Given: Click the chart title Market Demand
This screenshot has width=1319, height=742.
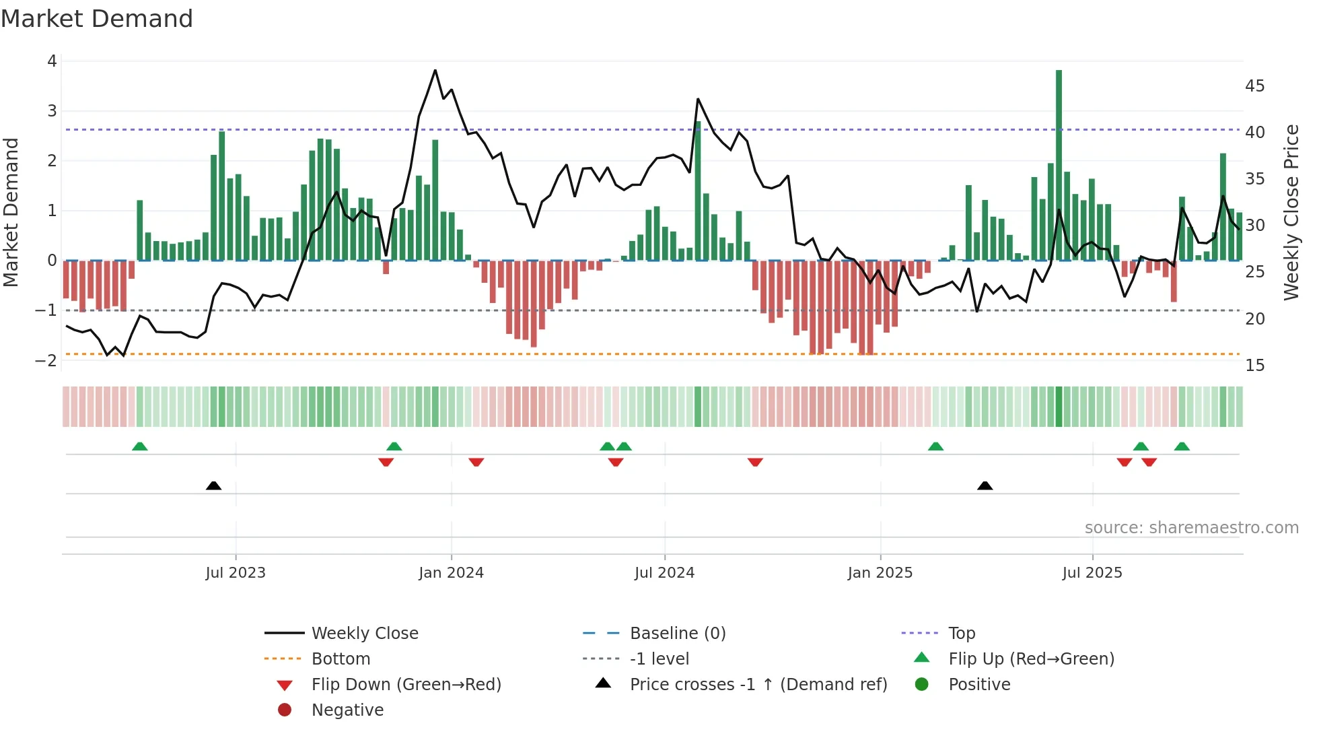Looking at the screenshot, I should pos(97,19).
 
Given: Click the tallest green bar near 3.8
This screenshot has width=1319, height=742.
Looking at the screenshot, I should pos(1059,165).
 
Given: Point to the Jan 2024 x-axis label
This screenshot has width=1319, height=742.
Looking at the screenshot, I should pos(451,573).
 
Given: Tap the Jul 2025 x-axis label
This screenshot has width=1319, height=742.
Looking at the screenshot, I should pos(1092,573).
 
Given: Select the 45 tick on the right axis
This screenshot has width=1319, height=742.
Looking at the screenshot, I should pos(1254,86).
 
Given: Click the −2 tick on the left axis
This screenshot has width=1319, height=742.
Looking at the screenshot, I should pos(46,360).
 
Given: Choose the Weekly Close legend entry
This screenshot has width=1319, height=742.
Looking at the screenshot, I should pos(364,634).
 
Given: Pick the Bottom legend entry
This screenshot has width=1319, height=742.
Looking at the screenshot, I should pos(341,659).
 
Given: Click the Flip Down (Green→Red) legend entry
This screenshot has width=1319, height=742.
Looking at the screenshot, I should pos(406,685).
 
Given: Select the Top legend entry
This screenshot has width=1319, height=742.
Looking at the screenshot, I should pos(962,634).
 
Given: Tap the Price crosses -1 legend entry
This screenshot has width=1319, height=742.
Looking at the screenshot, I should pos(758,685).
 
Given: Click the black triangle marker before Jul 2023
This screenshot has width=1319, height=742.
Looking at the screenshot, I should pos(213,485).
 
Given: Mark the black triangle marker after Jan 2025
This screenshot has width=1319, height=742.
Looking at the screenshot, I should pos(985,485).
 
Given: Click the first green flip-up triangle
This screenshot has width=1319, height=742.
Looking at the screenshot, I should pos(139,446).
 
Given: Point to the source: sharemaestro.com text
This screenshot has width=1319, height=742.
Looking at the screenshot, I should pos(1191,528).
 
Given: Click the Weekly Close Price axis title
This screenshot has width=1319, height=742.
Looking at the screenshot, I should pos(1291,212).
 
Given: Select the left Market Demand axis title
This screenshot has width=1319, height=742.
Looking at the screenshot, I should pos(11,212).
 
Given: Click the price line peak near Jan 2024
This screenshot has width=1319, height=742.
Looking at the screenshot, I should pos(435,70).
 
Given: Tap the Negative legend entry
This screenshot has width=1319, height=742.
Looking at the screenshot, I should pos(347,710).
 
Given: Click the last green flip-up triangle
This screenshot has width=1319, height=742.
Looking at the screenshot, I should pos(1182,446).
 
